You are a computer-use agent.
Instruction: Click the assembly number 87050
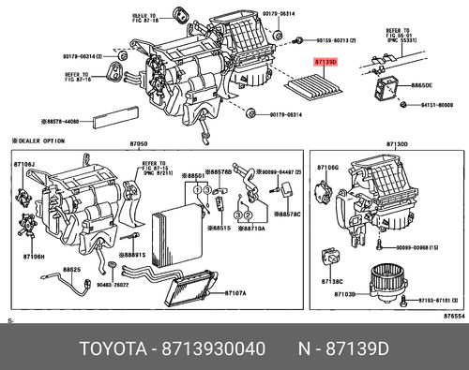tap(138, 143)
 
